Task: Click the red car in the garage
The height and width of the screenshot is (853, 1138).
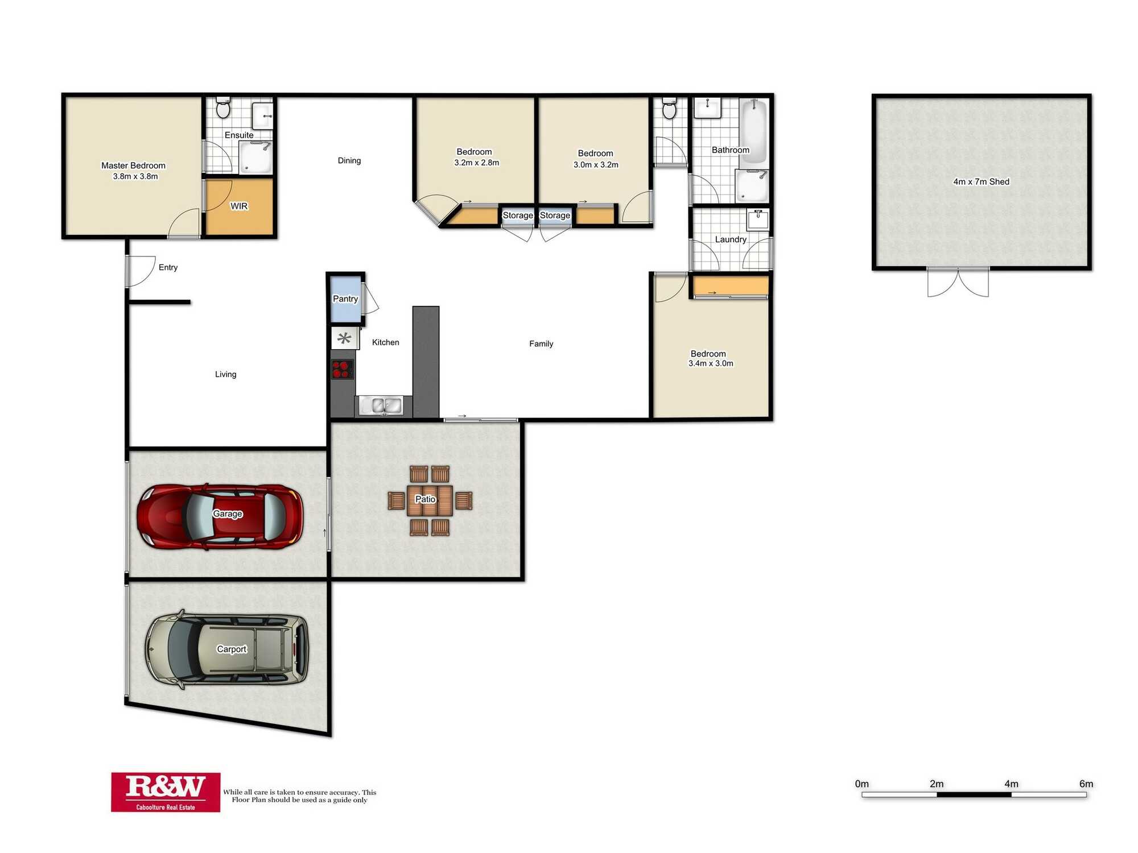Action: [x=220, y=516]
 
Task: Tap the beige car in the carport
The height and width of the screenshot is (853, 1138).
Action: [x=227, y=649]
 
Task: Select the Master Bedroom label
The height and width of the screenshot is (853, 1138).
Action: [x=133, y=165]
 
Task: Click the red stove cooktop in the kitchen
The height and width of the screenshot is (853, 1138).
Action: [x=343, y=370]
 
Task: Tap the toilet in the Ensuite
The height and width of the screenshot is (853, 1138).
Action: [x=224, y=107]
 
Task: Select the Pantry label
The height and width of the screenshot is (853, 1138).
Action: [x=345, y=299]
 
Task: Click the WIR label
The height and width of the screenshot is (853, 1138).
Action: [x=239, y=206]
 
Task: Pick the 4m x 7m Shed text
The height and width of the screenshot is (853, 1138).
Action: [x=982, y=182]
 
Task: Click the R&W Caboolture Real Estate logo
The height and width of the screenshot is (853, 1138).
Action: [x=166, y=792]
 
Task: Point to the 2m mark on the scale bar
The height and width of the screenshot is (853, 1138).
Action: [x=937, y=794]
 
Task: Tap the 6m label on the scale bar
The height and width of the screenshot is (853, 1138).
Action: [x=1086, y=784]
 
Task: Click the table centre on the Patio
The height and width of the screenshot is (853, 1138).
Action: [x=430, y=500]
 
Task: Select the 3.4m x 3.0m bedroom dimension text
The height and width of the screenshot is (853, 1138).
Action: [x=711, y=363]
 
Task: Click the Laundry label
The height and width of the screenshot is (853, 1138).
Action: [x=731, y=239]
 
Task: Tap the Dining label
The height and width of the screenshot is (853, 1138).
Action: [x=349, y=160]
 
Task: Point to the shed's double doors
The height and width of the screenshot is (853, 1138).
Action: [x=958, y=281]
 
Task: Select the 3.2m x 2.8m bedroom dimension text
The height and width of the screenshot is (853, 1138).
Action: [x=477, y=163]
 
